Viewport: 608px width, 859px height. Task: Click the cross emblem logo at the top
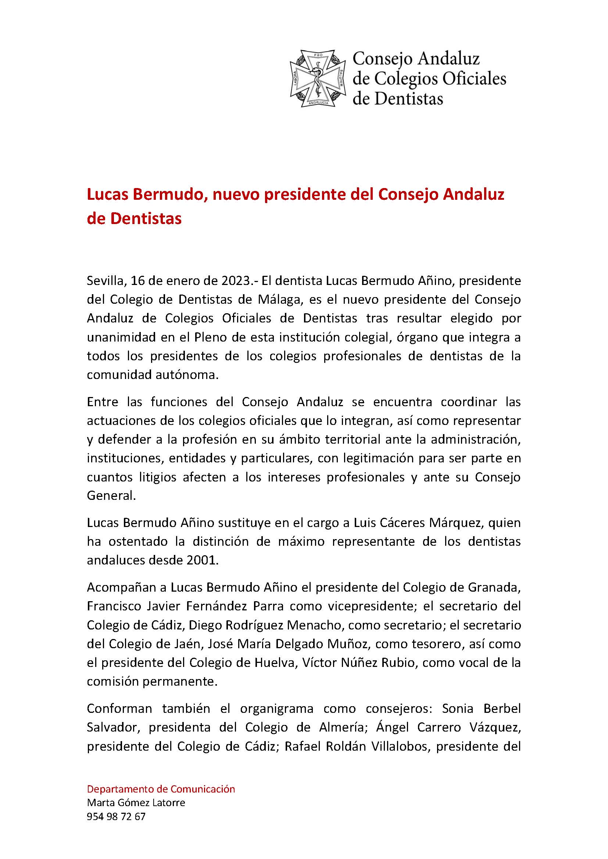pyautogui.click(x=317, y=79)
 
